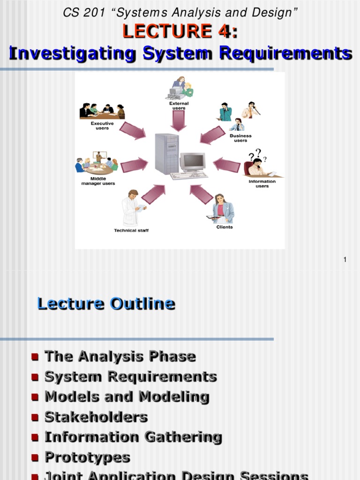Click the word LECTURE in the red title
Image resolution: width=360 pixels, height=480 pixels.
click(167, 31)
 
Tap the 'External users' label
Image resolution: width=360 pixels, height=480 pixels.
click(179, 105)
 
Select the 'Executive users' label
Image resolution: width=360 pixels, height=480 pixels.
click(102, 126)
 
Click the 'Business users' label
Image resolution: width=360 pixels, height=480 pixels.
click(240, 138)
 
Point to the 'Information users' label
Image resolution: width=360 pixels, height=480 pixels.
click(262, 184)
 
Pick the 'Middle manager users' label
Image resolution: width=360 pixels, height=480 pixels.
click(98, 181)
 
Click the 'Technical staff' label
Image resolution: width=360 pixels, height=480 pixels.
click(131, 231)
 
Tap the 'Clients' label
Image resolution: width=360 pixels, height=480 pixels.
click(225, 227)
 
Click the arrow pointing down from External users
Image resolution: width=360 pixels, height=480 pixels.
click(179, 120)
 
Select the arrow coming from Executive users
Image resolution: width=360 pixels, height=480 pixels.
click(133, 131)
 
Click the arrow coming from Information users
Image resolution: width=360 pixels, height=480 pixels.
click(227, 165)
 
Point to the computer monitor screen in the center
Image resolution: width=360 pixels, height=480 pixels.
click(193, 161)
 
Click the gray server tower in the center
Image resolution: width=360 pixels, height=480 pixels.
click(167, 154)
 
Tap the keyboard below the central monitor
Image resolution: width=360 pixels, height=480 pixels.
click(189, 176)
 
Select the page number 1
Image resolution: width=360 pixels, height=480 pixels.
click(345, 260)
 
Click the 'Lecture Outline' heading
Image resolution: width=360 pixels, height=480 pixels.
click(106, 304)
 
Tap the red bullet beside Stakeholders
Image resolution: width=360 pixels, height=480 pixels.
click(35, 418)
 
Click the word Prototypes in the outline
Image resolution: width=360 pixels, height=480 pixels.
click(88, 457)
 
